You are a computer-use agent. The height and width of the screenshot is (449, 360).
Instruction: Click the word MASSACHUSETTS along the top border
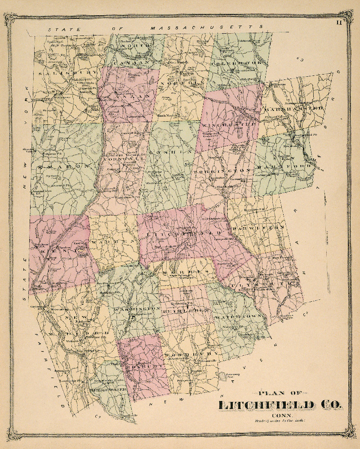click(x=206, y=28)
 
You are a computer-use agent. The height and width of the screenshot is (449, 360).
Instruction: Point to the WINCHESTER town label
click(x=229, y=122)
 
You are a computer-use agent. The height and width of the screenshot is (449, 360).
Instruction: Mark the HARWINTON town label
click(x=258, y=228)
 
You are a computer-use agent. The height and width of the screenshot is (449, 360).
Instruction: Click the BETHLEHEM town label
click(x=185, y=310)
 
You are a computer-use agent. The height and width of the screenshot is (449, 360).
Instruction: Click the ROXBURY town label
click(x=141, y=366)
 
